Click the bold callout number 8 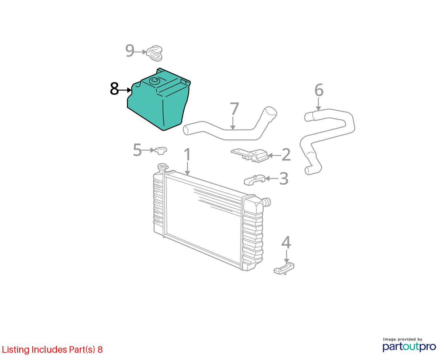(x=114, y=89)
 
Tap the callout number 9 (x=129, y=51)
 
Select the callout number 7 (x=234, y=109)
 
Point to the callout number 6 (x=319, y=90)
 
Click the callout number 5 (x=137, y=150)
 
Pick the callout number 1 (x=188, y=154)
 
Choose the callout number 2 (x=286, y=155)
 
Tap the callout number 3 (x=284, y=179)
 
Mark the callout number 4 (x=286, y=242)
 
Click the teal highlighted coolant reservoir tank (x=159, y=100)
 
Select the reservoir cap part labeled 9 (x=155, y=53)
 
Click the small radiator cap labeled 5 (x=161, y=150)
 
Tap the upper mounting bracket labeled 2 (x=250, y=155)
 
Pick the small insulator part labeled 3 (x=255, y=180)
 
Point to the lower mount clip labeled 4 (x=284, y=268)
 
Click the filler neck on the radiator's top (x=163, y=168)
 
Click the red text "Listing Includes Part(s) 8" (x=52, y=349)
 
